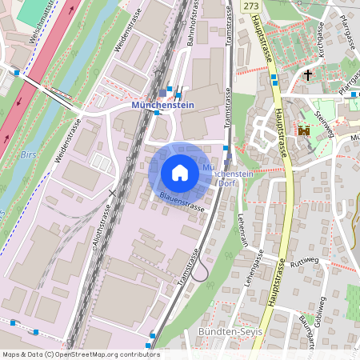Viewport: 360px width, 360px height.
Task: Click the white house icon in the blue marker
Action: pos(180,172)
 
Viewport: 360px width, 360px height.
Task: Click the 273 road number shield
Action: pos(251,6)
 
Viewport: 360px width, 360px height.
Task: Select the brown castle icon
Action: pos(304,130)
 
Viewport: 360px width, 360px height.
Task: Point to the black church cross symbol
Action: pos(308,74)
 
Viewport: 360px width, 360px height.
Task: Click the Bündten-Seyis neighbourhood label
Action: pos(226,332)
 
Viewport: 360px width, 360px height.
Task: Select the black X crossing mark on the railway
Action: pos(114,192)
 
